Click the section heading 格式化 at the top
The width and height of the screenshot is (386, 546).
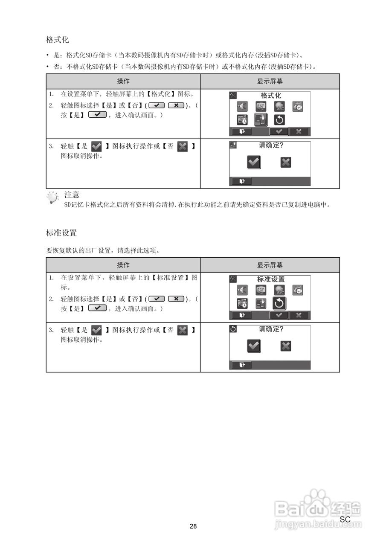tap(58, 40)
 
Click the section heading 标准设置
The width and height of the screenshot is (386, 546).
tap(61, 233)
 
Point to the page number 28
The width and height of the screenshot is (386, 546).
tap(193, 526)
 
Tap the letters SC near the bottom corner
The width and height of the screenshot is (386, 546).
tap(345, 519)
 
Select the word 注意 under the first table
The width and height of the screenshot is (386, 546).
tap(72, 195)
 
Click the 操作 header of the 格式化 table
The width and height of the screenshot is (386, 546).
tap(123, 81)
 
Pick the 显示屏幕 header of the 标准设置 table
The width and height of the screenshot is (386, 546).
tap(270, 265)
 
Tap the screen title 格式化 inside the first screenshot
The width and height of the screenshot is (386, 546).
tap(271, 96)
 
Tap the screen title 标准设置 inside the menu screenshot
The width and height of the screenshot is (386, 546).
tap(271, 279)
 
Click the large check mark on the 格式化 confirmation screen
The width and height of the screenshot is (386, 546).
tap(254, 162)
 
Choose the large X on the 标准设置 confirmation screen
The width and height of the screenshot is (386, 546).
tap(286, 346)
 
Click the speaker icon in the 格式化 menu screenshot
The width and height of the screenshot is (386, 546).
tap(242, 107)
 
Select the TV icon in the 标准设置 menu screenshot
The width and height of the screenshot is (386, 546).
tap(261, 290)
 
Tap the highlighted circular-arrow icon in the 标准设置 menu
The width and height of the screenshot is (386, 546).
tap(279, 303)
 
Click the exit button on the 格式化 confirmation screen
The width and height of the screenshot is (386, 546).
tap(241, 181)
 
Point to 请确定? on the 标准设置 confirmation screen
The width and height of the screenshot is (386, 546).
tap(271, 329)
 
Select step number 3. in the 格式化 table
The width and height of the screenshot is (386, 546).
tap(51, 146)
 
